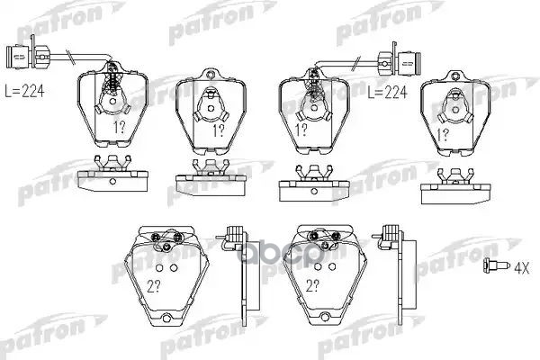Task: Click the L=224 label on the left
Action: pos(25,91)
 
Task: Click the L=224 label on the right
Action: pos(387,92)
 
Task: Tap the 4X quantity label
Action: pos(521,267)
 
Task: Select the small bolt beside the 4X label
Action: pos(496,265)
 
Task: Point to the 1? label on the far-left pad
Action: pos(120,128)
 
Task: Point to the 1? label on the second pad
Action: pos(218,130)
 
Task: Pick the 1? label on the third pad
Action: pos(301,130)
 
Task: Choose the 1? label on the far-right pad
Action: pos(443,134)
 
